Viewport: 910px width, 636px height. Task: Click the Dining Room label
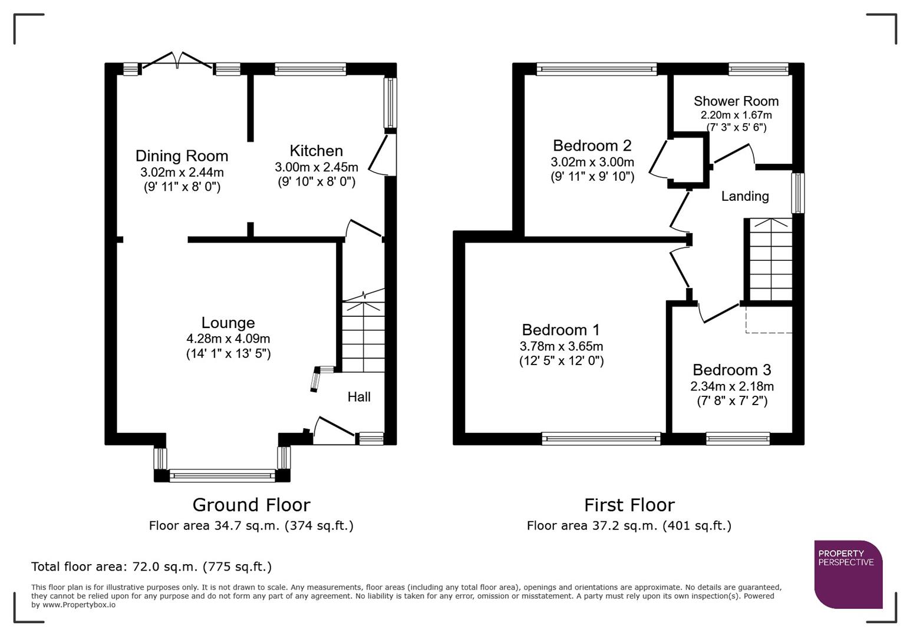[182, 156]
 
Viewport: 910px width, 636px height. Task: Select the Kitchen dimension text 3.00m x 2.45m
[316, 167]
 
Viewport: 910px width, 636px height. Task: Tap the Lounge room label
[228, 323]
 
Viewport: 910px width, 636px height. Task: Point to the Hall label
[358, 397]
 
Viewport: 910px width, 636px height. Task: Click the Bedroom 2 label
[592, 145]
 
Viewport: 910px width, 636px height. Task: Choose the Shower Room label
[736, 101]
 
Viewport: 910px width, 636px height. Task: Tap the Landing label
[745, 196]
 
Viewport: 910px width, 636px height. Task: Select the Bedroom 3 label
[731, 370]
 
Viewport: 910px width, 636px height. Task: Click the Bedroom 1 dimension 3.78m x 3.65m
[561, 346]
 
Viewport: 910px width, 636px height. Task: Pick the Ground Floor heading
[251, 505]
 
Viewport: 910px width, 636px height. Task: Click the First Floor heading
[629, 505]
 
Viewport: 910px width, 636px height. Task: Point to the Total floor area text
[151, 567]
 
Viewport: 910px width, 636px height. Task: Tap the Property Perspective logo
[848, 574]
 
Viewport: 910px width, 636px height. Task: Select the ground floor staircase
[363, 336]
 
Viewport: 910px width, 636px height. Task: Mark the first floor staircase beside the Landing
[770, 259]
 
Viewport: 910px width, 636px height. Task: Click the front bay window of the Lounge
[222, 475]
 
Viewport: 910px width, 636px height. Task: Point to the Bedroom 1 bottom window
[601, 438]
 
